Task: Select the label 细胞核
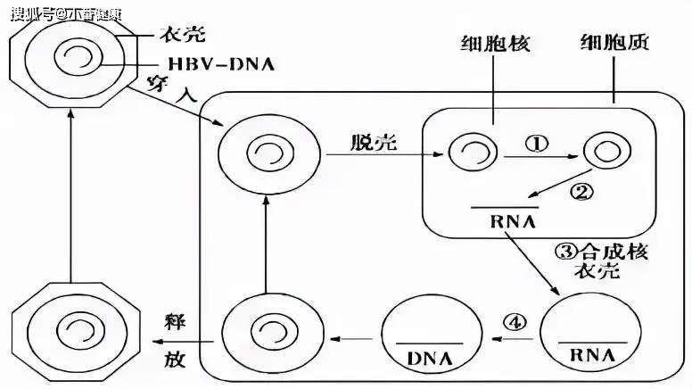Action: (x=495, y=44)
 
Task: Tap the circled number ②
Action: (x=580, y=190)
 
